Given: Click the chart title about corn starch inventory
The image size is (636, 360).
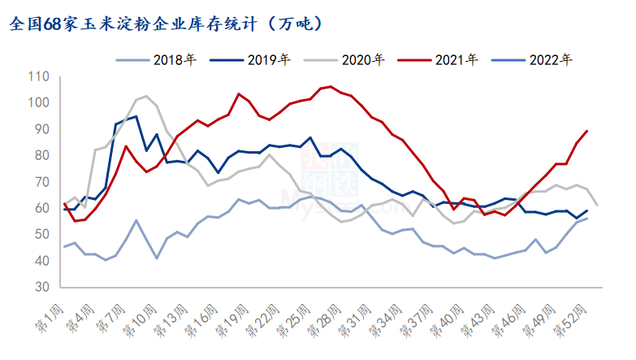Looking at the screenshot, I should tap(167, 23).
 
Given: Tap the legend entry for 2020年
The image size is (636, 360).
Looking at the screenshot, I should tap(345, 59).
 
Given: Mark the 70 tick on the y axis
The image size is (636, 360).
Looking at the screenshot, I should tap(41, 182).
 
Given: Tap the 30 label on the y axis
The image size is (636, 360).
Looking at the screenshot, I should tap(41, 288).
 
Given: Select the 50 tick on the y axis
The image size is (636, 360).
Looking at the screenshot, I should tap(41, 235).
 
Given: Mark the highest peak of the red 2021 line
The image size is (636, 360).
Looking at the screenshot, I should tap(330, 86).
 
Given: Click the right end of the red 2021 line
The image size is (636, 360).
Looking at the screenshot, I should tap(586, 131).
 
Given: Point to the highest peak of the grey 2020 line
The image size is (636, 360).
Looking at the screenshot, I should tap(145, 96).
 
